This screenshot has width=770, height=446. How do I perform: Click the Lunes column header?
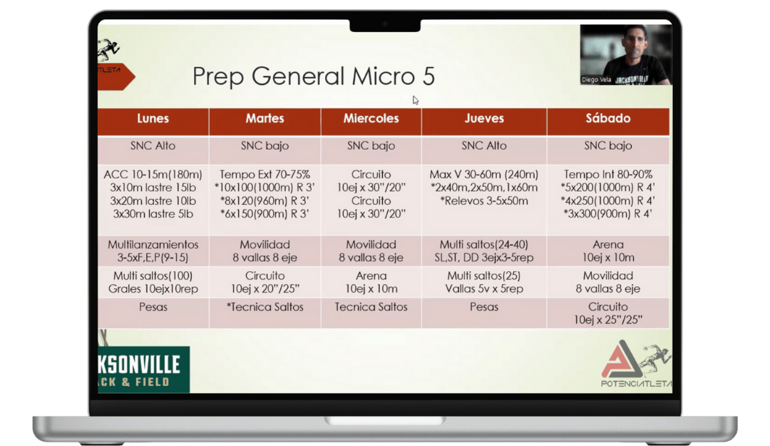153,118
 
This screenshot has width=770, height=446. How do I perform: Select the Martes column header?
265,118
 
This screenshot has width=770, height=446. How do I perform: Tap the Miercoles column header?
371,118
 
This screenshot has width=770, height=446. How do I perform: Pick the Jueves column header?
484,118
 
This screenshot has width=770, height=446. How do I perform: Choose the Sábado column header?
608,118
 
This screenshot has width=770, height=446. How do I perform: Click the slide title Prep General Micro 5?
313,76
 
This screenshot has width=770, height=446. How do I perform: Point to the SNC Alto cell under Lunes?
153,146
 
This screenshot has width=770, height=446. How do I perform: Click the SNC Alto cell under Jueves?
483,146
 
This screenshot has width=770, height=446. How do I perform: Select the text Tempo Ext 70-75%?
265,175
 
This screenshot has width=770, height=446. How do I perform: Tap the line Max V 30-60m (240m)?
483,175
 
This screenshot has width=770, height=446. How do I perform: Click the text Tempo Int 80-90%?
608,175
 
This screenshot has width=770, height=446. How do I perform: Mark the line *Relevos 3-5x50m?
483,201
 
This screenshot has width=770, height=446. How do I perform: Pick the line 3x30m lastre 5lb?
153,214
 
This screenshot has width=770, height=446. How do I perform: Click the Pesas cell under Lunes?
153,307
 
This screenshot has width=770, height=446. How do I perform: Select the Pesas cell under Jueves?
483,307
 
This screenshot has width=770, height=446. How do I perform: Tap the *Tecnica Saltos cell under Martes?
265,307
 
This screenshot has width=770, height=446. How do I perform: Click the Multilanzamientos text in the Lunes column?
153,244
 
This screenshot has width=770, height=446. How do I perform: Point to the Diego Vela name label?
596,80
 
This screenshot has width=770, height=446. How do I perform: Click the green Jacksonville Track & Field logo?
143,370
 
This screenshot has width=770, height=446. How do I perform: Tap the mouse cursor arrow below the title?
416,101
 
